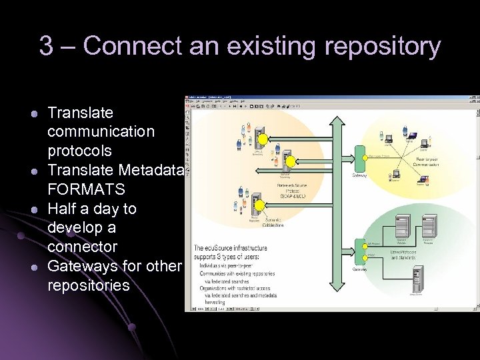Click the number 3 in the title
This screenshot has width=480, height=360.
(x=46, y=47)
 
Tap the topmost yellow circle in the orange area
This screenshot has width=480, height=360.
(x=263, y=139)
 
